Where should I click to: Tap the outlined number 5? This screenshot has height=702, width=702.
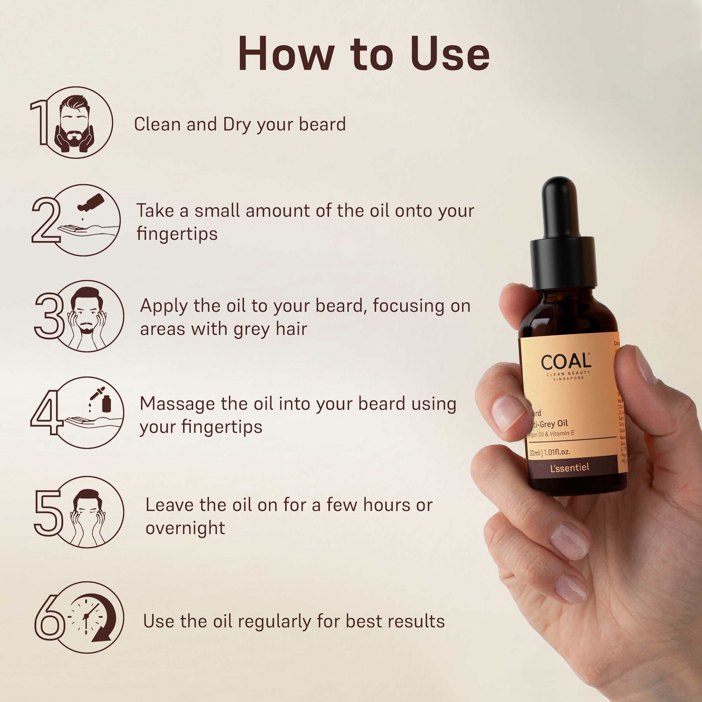coord(48,512)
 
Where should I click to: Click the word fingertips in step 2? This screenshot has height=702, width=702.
coord(177,234)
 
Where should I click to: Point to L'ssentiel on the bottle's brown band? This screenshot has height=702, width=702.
coord(569,468)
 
